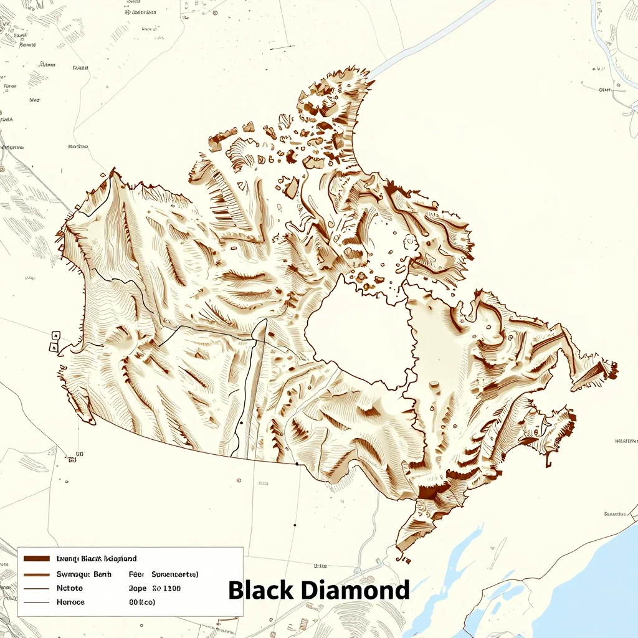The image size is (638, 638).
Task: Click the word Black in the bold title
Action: [x=260, y=589]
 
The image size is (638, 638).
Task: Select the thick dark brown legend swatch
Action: [x=36, y=559]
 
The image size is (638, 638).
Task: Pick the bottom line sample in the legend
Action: [x=36, y=602]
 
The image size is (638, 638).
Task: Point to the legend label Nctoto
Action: [x=70, y=588]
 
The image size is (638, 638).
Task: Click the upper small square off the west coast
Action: [x=55, y=336]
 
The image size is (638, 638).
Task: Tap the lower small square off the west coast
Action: [x=54, y=346]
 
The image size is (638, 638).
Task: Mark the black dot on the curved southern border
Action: [x=297, y=464]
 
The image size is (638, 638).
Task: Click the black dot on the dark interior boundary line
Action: [x=241, y=423]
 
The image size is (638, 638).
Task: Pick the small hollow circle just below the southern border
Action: [x=239, y=480]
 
